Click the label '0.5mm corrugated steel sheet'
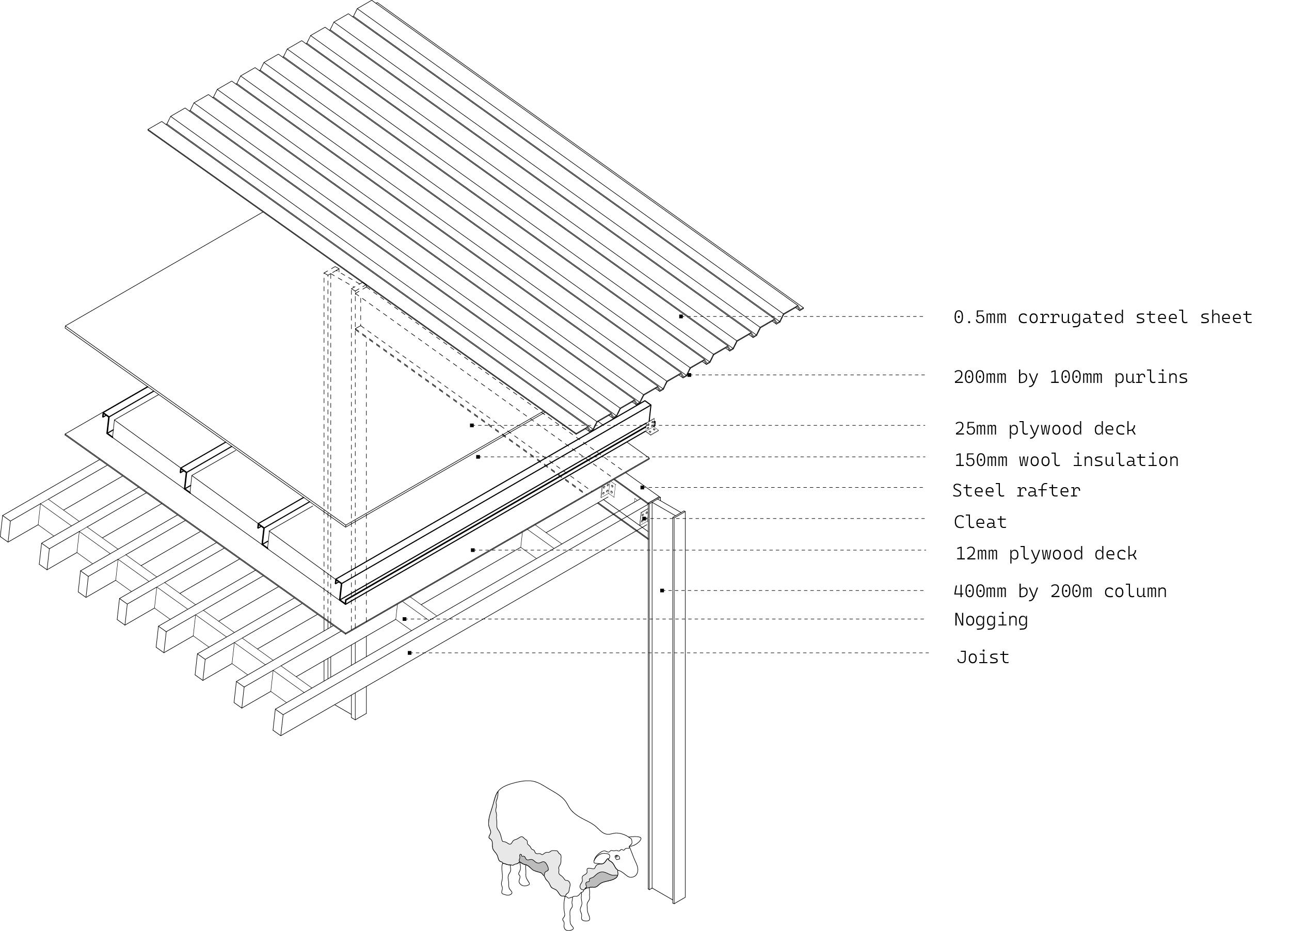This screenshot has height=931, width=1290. [1102, 317]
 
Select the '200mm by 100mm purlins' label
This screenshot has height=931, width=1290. [1071, 377]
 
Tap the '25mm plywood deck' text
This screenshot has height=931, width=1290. [1045, 428]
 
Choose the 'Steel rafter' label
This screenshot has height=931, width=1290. [1016, 490]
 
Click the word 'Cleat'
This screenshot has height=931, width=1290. [980, 522]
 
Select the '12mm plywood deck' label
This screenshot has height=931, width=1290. [1045, 553]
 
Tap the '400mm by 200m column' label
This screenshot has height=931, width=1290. [1060, 591]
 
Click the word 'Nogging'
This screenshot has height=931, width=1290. [991, 619]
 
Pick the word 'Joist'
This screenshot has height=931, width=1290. [983, 657]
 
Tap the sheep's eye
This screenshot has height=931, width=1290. [617, 857]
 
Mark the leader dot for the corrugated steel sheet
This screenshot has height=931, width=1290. [681, 316]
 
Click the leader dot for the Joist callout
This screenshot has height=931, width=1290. [409, 653]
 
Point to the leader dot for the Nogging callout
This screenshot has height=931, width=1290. [404, 619]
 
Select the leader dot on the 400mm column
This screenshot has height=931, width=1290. [662, 590]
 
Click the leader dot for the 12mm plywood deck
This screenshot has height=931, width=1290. [473, 550]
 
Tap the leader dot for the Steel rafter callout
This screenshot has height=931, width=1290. [642, 487]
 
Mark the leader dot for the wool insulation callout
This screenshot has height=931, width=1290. [478, 457]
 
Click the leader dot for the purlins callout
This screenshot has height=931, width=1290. [689, 375]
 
